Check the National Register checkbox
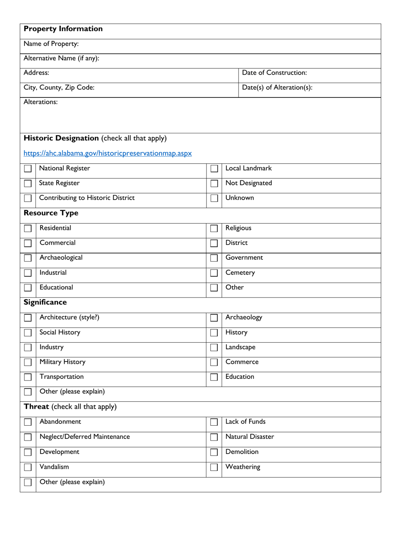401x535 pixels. [28, 169]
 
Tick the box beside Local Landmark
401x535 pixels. [214, 169]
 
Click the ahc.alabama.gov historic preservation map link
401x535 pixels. [108, 153]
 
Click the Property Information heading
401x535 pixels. [63, 29]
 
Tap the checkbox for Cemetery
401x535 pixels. [214, 273]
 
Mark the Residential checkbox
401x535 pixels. [28, 229]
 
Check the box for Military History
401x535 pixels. [28, 362]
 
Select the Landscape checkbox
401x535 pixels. [214, 348]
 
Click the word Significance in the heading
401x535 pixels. [45, 303]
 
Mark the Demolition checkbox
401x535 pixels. [214, 452]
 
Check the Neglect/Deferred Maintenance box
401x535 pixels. [28, 438]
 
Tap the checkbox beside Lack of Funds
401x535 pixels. [214, 423]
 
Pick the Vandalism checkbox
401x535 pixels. [28, 467]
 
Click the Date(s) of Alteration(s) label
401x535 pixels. [277, 88]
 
